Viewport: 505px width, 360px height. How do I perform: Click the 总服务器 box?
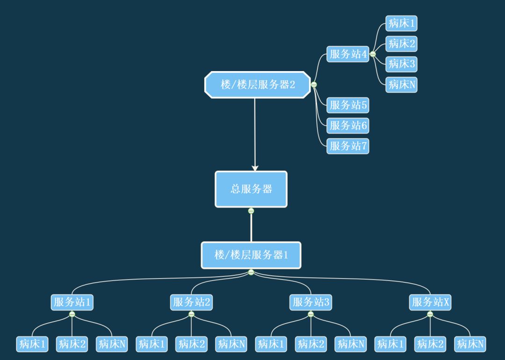click(x=251, y=189)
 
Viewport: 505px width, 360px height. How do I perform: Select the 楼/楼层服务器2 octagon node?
click(x=258, y=85)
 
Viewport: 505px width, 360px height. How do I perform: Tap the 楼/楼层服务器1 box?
click(x=251, y=255)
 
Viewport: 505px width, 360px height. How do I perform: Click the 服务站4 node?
click(x=348, y=54)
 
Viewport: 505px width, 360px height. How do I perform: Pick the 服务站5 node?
click(x=348, y=105)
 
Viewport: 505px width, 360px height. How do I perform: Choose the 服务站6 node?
click(x=348, y=125)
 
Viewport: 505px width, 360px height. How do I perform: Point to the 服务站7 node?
click(x=348, y=146)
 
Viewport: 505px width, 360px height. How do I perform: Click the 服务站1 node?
click(x=72, y=302)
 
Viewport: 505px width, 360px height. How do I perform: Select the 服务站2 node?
click(x=191, y=302)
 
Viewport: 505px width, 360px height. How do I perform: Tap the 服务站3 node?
click(x=311, y=302)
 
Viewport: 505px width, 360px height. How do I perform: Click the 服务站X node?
click(x=430, y=302)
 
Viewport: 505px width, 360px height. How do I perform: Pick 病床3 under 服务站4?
click(x=402, y=64)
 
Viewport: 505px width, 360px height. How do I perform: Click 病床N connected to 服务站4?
click(x=402, y=85)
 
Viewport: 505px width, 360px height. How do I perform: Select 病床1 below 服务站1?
click(x=32, y=345)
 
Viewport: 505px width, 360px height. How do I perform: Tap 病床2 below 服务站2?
click(x=191, y=345)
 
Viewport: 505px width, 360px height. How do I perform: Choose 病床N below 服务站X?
click(x=470, y=345)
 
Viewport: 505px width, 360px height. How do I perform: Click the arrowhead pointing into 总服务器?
click(x=255, y=167)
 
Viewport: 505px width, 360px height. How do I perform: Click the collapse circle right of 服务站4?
click(x=373, y=54)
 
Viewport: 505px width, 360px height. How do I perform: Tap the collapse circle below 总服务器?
click(x=251, y=211)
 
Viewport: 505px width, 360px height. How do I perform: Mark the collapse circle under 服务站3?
click(x=311, y=314)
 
